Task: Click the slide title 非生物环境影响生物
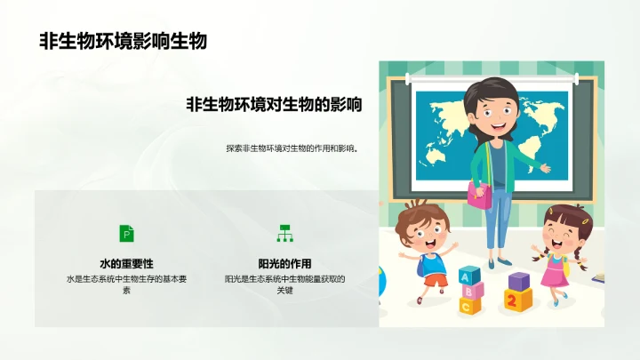[x=123, y=41]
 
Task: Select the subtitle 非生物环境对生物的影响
[x=274, y=105]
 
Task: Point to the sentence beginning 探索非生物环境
[x=292, y=148]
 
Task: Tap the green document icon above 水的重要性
[x=127, y=233]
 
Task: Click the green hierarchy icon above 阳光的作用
[x=284, y=233]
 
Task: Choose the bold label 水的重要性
[x=127, y=264]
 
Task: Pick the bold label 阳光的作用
[x=284, y=264]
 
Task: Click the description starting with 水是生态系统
[x=127, y=284]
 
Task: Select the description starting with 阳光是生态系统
[x=284, y=284]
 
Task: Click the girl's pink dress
[x=555, y=271]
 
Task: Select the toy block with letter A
[x=468, y=275]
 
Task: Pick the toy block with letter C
[x=468, y=306]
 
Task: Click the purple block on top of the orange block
[x=518, y=281]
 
